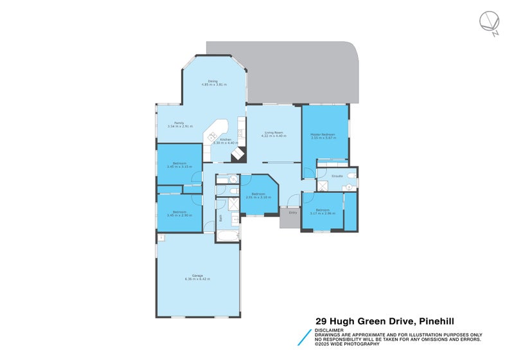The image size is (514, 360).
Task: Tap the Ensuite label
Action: click(x=337, y=175)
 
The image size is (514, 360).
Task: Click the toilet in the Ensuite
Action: click(x=348, y=187)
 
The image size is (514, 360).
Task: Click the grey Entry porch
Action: click(x=293, y=217)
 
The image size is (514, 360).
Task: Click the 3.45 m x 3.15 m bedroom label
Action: click(x=179, y=166)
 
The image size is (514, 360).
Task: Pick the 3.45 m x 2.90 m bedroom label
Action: click(x=179, y=213)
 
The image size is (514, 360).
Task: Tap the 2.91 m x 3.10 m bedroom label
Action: click(x=258, y=196)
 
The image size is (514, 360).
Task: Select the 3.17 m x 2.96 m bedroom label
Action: click(x=323, y=212)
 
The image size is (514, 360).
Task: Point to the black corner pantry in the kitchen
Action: click(x=238, y=154)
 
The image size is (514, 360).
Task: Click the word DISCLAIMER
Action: click(x=328, y=330)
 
